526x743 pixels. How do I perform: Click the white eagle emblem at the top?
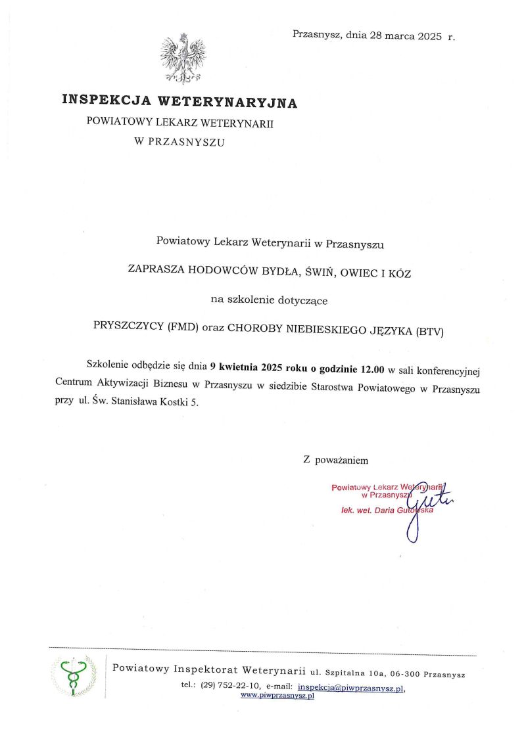click(x=183, y=59)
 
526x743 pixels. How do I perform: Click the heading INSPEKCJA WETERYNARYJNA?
click(x=179, y=102)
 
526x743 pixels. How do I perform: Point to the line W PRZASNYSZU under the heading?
click(x=179, y=141)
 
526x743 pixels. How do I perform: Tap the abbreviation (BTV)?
click(x=430, y=332)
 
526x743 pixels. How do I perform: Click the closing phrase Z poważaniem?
click(x=335, y=460)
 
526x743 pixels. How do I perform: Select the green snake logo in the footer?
click(x=74, y=675)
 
